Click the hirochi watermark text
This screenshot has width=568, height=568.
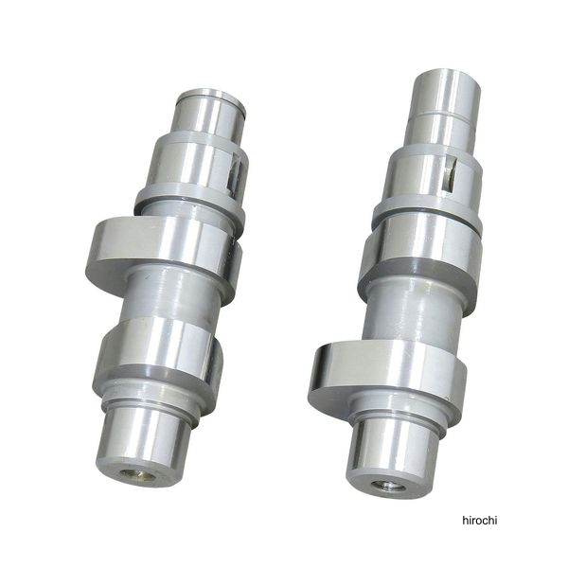coord(480,521)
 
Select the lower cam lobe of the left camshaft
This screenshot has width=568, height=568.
coord(158,353)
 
